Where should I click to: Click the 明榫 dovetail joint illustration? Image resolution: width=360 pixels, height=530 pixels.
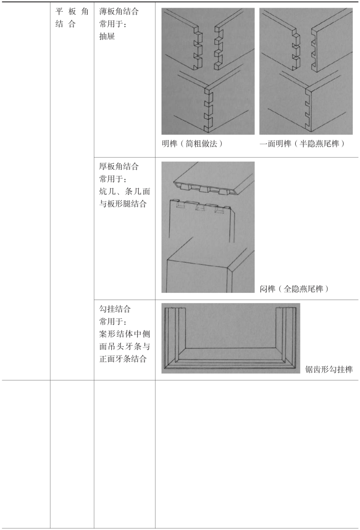[x=208, y=71]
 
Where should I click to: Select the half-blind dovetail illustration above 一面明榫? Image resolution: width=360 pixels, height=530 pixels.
[x=306, y=71]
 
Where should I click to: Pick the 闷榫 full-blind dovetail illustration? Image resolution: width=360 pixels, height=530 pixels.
[x=208, y=227]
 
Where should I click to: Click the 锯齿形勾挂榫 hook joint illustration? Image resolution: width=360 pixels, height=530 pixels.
[x=230, y=338]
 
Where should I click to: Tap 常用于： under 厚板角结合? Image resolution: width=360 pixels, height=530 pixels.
[x=114, y=180]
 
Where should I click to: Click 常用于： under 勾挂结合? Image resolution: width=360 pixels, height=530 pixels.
[x=114, y=321]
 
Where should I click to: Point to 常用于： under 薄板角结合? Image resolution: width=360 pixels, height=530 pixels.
[x=114, y=24]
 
